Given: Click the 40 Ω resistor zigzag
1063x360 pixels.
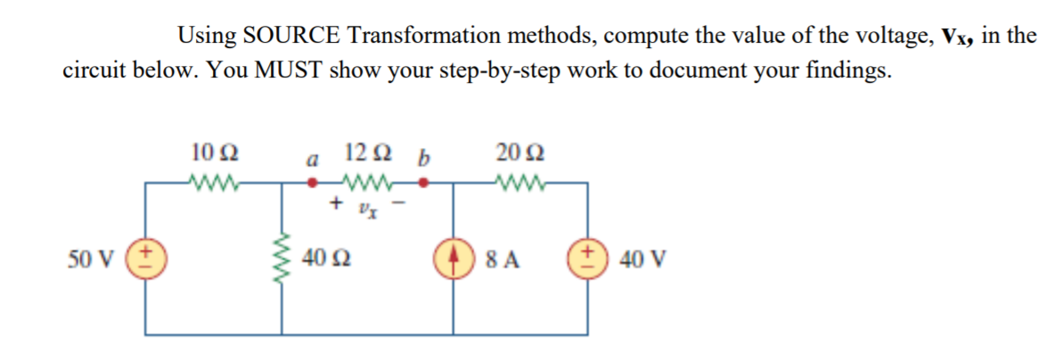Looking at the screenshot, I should point(283,258).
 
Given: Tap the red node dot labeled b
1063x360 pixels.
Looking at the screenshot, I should point(425,184).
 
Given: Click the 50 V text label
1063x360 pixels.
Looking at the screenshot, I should point(90,260).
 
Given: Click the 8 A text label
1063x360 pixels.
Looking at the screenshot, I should point(504,260).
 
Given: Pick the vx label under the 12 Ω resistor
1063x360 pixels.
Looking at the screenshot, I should point(368,210).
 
